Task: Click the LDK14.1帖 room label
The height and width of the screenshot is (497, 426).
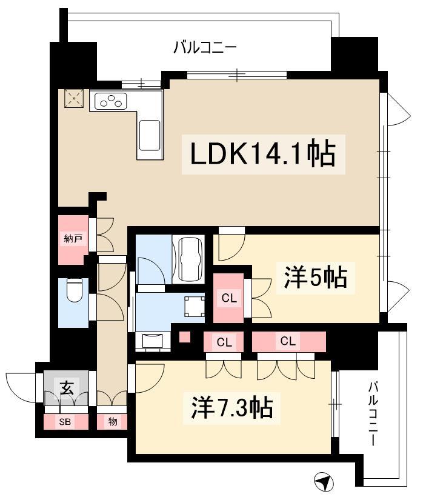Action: tap(263, 155)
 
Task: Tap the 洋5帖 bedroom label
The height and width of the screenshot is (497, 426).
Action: tap(316, 278)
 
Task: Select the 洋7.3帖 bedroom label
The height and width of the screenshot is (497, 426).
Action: tap(232, 409)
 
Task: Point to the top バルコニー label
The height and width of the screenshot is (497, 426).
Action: tap(205, 48)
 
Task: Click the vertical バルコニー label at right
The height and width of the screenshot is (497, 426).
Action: tap(373, 413)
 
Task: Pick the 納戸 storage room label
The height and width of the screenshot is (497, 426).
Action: tap(73, 238)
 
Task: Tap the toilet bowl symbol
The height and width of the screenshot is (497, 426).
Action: tap(75, 290)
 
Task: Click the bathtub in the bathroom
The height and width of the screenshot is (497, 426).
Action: tap(189, 259)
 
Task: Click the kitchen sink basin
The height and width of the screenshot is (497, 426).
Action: tap(150, 136)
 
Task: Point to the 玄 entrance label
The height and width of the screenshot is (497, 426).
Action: tap(67, 388)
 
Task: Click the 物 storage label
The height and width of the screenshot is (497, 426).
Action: tap(113, 422)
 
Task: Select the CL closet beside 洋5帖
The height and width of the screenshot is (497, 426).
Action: tap(228, 298)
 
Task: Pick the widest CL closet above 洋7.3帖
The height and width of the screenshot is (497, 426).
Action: tap(289, 341)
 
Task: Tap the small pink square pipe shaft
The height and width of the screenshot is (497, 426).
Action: tap(185, 336)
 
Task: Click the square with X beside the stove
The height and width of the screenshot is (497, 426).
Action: tap(74, 99)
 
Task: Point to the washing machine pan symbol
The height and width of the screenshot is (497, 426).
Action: tap(195, 306)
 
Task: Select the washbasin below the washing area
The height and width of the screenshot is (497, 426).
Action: tap(153, 341)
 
